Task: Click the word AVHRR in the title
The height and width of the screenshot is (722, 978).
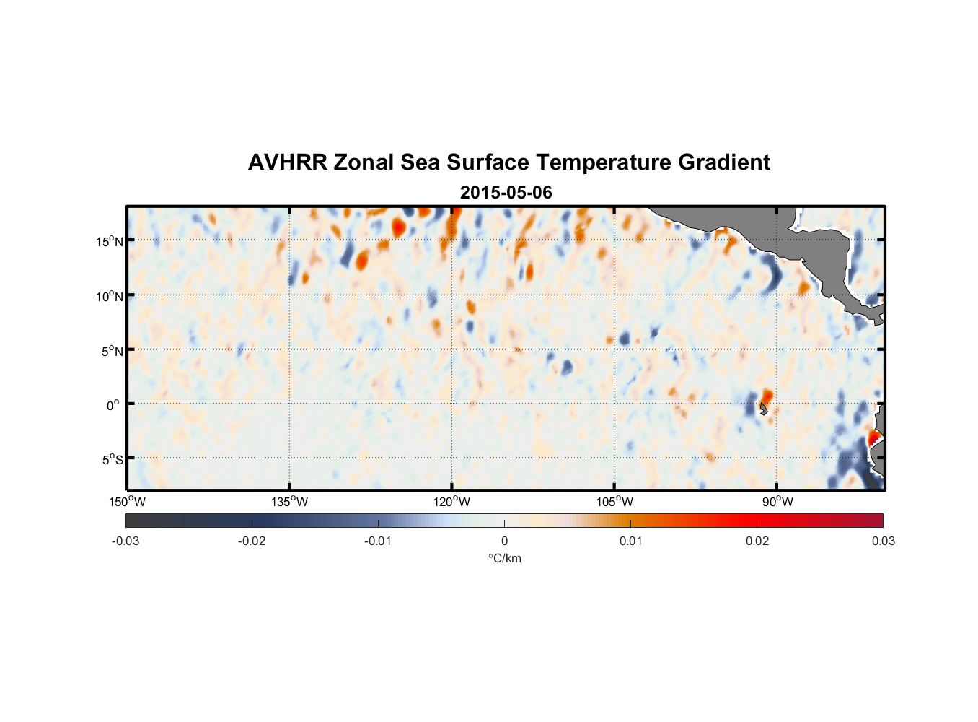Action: (x=287, y=162)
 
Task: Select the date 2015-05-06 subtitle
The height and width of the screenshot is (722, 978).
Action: (x=506, y=193)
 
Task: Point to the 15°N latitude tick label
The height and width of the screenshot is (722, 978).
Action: (x=109, y=241)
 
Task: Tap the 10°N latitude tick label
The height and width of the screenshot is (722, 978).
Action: (x=109, y=296)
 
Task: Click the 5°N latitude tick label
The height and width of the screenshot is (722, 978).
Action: (x=112, y=351)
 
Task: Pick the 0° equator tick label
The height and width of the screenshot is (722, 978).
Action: (x=113, y=405)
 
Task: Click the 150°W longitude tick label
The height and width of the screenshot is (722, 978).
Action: (x=128, y=502)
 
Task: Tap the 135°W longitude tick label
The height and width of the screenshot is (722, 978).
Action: (x=290, y=502)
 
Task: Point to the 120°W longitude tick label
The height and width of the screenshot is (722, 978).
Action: (x=452, y=502)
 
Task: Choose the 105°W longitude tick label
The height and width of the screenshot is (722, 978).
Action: (x=614, y=502)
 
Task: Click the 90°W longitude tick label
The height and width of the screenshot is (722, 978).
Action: (x=777, y=502)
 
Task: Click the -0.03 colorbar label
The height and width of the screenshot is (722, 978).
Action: (x=125, y=541)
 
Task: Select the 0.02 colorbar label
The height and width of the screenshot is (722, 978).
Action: (x=757, y=541)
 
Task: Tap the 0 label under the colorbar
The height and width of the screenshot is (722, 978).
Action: (x=504, y=541)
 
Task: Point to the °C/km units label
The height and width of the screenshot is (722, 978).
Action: (x=504, y=558)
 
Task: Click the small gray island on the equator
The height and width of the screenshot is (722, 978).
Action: (x=763, y=409)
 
